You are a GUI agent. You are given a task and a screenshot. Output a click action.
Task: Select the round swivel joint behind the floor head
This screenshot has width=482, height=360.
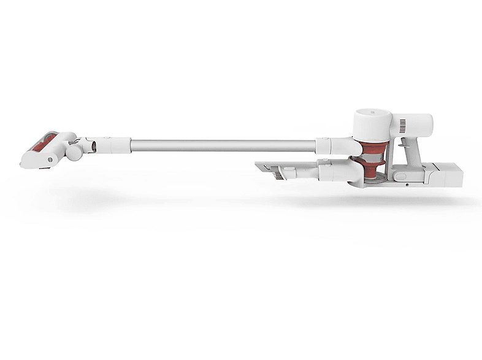(x=74, y=150)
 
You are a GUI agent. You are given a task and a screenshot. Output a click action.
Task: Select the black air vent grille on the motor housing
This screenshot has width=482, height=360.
(x=403, y=127)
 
